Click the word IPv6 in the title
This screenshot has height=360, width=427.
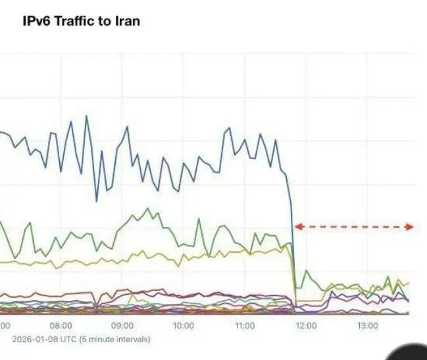click(x=38, y=21)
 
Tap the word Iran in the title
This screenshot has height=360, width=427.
click(x=126, y=21)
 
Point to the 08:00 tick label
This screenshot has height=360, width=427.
click(x=61, y=326)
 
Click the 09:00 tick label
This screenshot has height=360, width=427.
click(x=122, y=326)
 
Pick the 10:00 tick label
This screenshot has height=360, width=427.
click(x=184, y=326)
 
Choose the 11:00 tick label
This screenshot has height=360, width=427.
click(x=245, y=326)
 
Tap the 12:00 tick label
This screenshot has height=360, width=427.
click(x=306, y=326)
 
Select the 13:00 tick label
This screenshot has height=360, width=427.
click(x=367, y=326)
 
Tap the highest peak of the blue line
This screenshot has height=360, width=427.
click(x=86, y=116)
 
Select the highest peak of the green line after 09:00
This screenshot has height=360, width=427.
click(x=149, y=209)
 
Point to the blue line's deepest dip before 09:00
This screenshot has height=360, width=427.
click(x=97, y=201)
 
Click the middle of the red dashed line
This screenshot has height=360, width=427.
click(x=353, y=227)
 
